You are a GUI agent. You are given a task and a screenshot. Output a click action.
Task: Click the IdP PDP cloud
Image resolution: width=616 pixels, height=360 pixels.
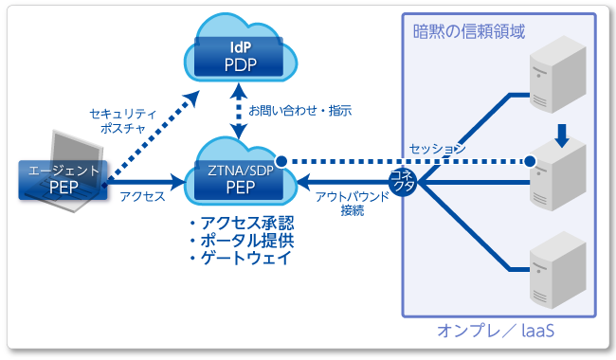click(x=241, y=55)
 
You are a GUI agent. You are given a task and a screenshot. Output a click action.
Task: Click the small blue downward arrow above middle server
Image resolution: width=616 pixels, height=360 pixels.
click(x=562, y=136)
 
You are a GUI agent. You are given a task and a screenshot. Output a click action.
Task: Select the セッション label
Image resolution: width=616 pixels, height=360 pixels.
click(x=437, y=149)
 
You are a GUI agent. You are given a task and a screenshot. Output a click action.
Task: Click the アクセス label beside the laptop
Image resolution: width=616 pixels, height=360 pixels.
click(x=143, y=196)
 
